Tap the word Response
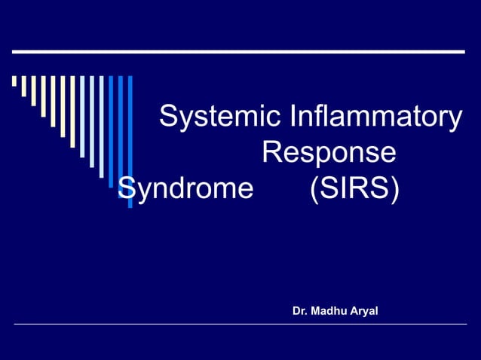click(x=329, y=153)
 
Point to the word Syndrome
click(x=185, y=188)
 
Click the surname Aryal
click(x=363, y=310)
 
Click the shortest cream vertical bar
click(x=14, y=81)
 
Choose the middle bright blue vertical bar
click(x=120, y=135)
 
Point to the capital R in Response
click(x=271, y=153)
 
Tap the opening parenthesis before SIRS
click(x=314, y=188)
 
